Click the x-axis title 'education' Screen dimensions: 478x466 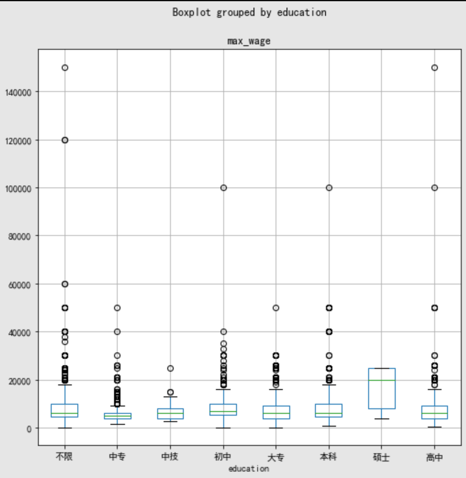248,469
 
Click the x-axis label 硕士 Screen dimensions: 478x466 382,457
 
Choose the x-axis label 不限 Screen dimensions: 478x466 64,457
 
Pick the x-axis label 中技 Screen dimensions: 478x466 170,457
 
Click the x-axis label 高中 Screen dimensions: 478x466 435,457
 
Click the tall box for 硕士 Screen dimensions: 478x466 382,391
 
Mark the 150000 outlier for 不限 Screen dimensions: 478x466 64,67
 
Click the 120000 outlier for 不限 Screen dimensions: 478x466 64,140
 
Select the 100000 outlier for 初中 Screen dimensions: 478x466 223,188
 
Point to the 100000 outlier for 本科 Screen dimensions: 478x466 329,188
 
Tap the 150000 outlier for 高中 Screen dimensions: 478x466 435,67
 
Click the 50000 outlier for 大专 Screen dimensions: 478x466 276,308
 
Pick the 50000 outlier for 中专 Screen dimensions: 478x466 117,308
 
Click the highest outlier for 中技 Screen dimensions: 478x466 170,369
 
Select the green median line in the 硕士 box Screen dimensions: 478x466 382,380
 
